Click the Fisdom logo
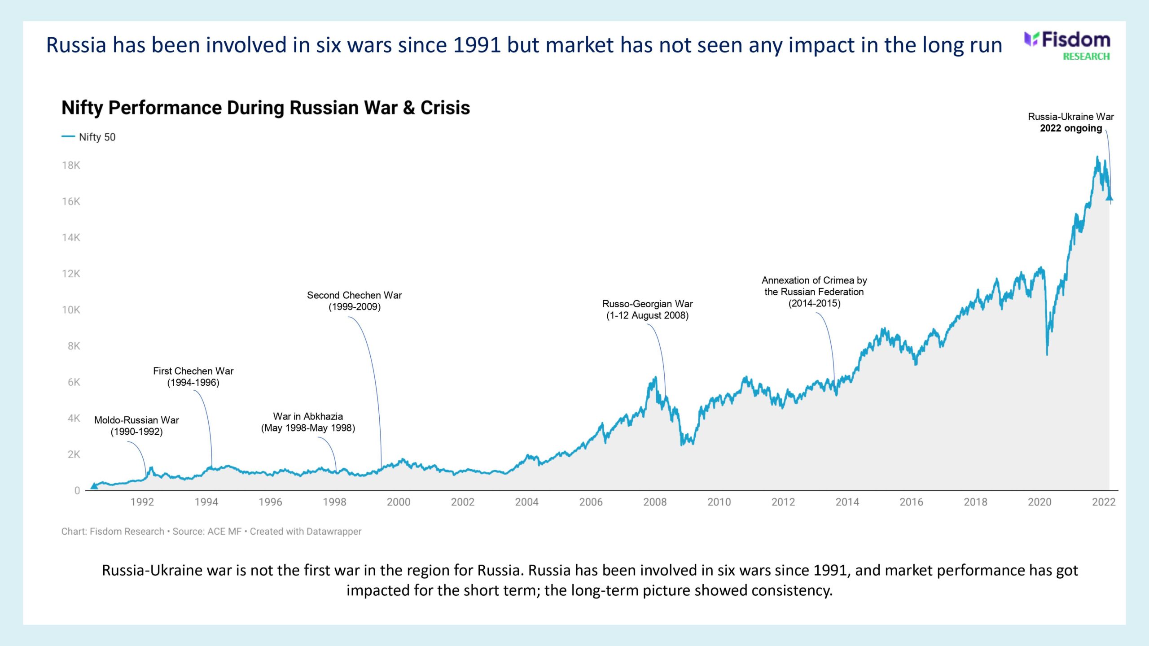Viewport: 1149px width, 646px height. [x=1068, y=45]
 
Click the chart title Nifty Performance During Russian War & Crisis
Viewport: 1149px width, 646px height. [x=265, y=108]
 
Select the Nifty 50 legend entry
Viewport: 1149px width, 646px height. [x=89, y=137]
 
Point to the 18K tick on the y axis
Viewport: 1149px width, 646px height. [x=71, y=165]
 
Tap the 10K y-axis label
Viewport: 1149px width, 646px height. [x=71, y=310]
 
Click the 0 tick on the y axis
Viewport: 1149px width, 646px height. [x=77, y=490]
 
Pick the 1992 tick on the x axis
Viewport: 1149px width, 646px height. [x=142, y=502]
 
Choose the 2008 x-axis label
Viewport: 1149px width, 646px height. [x=655, y=502]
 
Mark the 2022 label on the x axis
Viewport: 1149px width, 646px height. [x=1104, y=502]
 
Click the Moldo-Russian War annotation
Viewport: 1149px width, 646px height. [x=136, y=426]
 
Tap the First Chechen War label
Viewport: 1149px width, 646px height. [x=193, y=377]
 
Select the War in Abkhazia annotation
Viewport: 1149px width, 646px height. [x=308, y=422]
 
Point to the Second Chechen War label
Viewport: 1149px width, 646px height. [x=354, y=301]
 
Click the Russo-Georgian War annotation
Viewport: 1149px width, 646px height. [x=647, y=310]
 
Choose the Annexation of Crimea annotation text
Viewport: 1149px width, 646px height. [x=814, y=292]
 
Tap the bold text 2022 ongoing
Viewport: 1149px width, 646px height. [x=1071, y=128]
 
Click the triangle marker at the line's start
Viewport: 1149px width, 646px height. [x=94, y=485]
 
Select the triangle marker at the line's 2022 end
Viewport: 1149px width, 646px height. [x=1109, y=197]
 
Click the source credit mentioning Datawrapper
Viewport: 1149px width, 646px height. [x=211, y=531]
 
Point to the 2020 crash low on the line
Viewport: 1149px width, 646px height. [x=1047, y=354]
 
